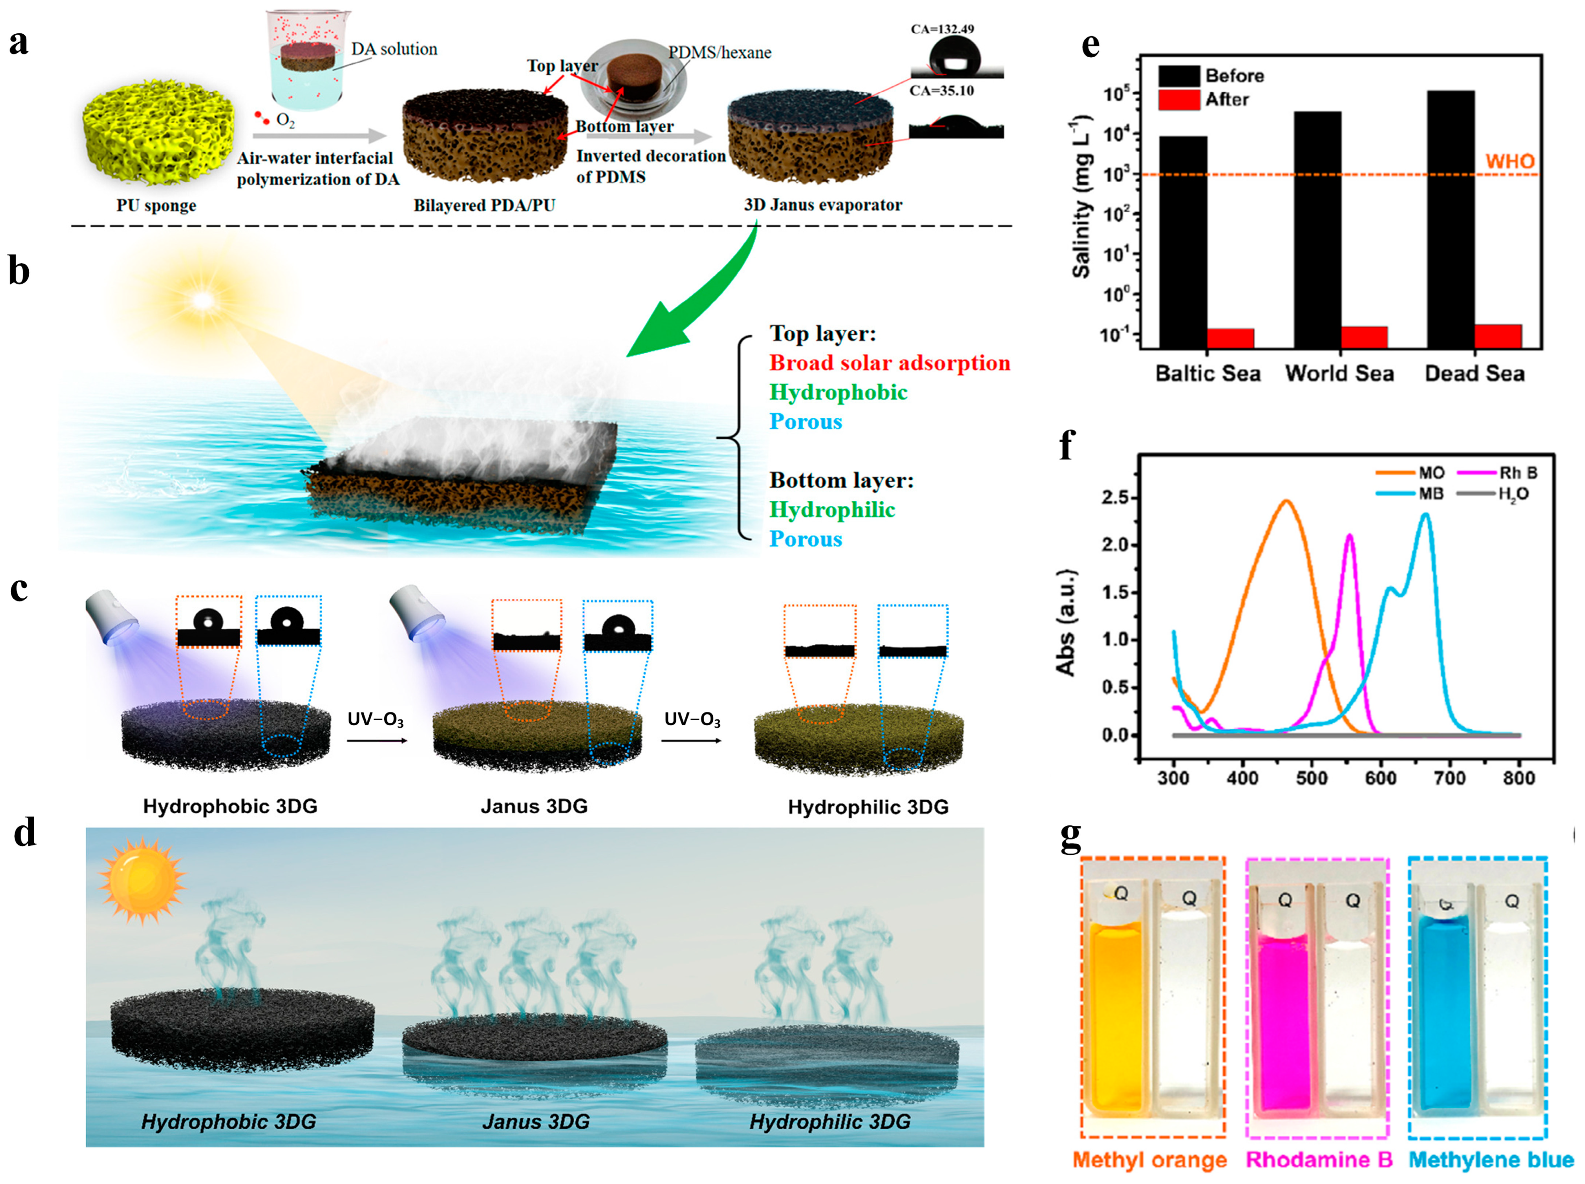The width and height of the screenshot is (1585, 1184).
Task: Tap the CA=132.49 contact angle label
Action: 942,29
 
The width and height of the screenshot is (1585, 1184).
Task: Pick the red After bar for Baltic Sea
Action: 1230,338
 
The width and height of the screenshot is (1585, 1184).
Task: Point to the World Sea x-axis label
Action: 1339,373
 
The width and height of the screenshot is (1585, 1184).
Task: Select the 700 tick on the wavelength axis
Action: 1450,778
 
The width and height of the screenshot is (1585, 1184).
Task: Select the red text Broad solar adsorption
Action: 889,363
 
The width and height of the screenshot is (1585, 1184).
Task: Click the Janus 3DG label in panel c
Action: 534,806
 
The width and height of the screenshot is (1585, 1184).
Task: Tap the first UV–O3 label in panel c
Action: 376,719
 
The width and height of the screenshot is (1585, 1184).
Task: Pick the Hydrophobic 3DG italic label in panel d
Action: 228,1122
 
